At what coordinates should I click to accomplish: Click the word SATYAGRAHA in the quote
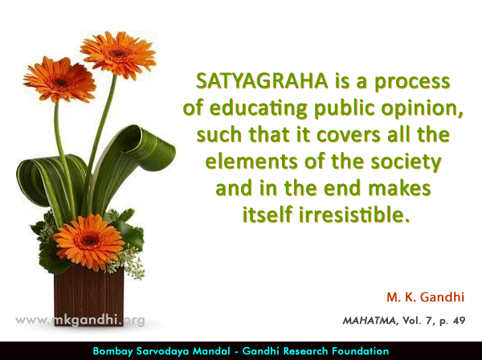[x=262, y=81]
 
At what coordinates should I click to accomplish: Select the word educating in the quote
[x=259, y=109]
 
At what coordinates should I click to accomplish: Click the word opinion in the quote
[x=422, y=109]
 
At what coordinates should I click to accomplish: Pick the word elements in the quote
[x=251, y=161]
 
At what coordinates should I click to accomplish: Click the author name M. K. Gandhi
[x=426, y=297]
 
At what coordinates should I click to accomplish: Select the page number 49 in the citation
[x=459, y=321]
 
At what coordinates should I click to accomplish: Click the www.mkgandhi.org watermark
[x=80, y=321]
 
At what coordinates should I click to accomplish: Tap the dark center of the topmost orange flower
[x=118, y=54]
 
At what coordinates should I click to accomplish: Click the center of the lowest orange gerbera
[x=89, y=240]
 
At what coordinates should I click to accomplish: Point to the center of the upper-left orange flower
[x=60, y=83]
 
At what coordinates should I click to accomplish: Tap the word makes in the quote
[x=399, y=188]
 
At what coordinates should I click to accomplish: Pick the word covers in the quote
[x=349, y=136]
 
